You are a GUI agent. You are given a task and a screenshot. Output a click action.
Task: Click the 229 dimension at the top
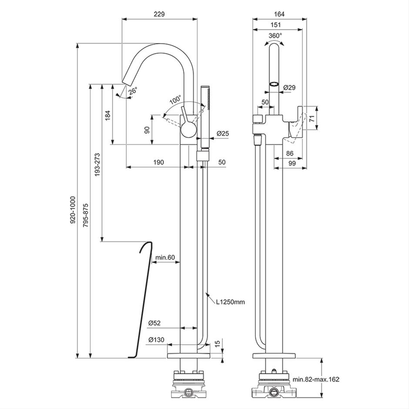tap(159, 14)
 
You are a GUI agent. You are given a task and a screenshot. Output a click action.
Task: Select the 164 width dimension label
tap(279, 14)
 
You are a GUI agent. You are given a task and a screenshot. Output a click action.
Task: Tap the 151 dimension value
tap(276, 25)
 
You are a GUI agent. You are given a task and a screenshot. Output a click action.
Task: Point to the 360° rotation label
tap(275, 36)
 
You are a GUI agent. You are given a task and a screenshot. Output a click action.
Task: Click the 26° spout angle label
tap(133, 91)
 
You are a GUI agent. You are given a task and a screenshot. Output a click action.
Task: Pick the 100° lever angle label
tap(175, 100)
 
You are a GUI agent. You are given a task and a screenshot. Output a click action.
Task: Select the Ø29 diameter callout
tap(289, 87)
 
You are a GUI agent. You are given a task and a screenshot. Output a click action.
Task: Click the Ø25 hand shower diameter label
tap(222, 134)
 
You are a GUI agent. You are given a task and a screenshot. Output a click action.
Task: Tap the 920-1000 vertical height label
tap(73, 210)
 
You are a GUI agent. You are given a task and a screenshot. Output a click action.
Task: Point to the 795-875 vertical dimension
tap(86, 215)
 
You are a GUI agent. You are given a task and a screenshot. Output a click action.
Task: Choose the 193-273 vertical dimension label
tap(97, 164)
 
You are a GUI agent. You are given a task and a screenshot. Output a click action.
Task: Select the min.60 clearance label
tap(165, 258)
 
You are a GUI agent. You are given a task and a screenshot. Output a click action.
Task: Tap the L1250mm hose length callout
tap(230, 302)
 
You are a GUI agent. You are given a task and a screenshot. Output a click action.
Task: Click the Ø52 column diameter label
tap(154, 323)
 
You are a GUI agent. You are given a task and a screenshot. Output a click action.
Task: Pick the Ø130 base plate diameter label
tap(156, 340)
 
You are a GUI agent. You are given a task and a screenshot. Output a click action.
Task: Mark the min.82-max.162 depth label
tap(316, 379)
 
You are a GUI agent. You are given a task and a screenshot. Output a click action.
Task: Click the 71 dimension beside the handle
tap(312, 118)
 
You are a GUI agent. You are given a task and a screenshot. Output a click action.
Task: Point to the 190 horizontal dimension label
tap(158, 162)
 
